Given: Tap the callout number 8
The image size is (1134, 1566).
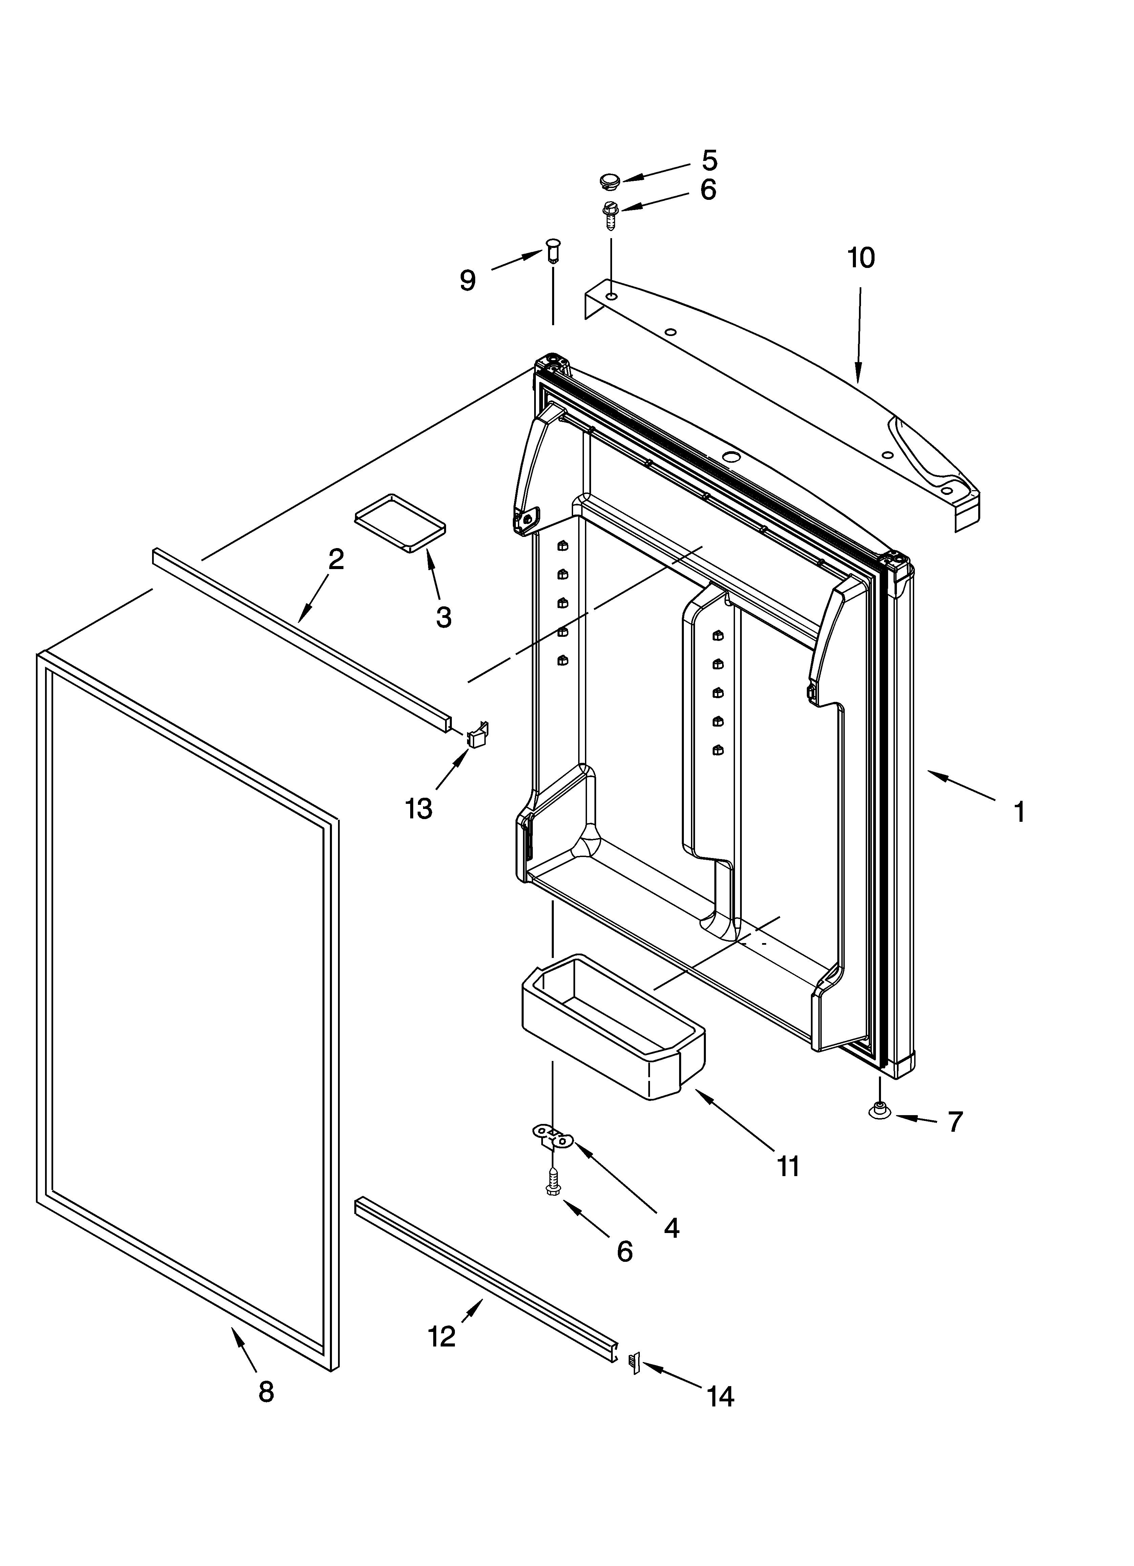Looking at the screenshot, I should coord(266,1391).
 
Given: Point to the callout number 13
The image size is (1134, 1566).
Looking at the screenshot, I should coord(419,808).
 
